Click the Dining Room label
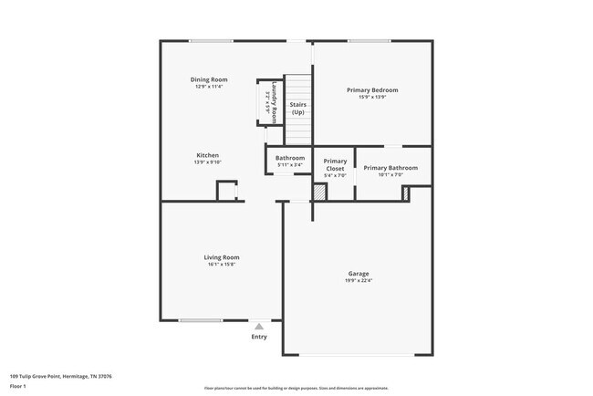(x=209, y=79)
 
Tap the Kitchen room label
(x=208, y=155)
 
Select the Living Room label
(x=221, y=257)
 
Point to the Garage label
(x=359, y=274)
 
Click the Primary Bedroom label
(x=372, y=89)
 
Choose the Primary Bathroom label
(x=390, y=168)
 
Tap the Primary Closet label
(x=335, y=165)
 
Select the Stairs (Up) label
(x=297, y=109)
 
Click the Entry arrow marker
(x=259, y=326)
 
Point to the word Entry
(x=259, y=337)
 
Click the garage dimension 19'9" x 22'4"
(x=359, y=281)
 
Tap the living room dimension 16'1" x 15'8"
(x=221, y=265)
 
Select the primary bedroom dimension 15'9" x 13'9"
(x=372, y=97)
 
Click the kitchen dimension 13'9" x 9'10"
(x=208, y=162)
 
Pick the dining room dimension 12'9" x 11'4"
(x=209, y=87)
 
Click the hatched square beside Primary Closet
(x=319, y=193)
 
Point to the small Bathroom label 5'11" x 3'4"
(x=290, y=164)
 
